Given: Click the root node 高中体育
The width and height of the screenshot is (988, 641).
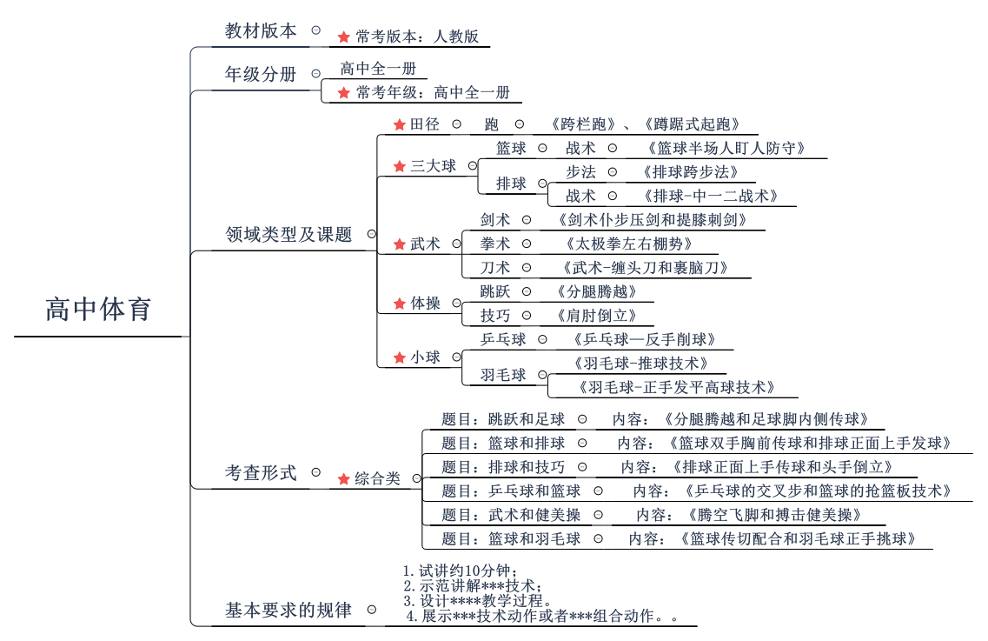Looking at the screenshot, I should [98, 310].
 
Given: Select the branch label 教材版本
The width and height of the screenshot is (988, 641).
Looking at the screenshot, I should [261, 31].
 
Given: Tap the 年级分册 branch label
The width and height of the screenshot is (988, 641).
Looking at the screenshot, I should [261, 75].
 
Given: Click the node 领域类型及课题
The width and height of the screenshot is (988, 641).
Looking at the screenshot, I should [288, 234].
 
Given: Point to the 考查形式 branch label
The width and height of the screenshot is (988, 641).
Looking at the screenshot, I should [261, 473].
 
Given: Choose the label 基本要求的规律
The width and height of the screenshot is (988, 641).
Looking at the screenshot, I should [288, 611].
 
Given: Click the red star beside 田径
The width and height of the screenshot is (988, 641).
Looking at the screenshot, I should [400, 125].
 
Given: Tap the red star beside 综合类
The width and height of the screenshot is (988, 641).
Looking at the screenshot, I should [344, 478].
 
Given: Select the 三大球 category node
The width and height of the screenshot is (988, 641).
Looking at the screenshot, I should [433, 165].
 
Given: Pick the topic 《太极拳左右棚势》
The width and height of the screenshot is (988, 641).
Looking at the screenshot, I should [627, 244].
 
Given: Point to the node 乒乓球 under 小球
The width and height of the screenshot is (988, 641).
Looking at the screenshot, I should [503, 339].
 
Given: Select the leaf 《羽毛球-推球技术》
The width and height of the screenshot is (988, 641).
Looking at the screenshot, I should [641, 364].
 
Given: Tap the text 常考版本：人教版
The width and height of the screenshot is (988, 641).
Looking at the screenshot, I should [417, 37].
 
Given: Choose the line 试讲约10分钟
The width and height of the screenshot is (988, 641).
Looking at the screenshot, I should [461, 571].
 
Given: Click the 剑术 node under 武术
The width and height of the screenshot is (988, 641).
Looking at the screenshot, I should [495, 220].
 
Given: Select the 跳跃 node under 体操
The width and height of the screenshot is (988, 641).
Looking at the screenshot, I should [495, 291].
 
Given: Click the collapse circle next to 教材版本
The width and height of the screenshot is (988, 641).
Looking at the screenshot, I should [315, 30].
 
